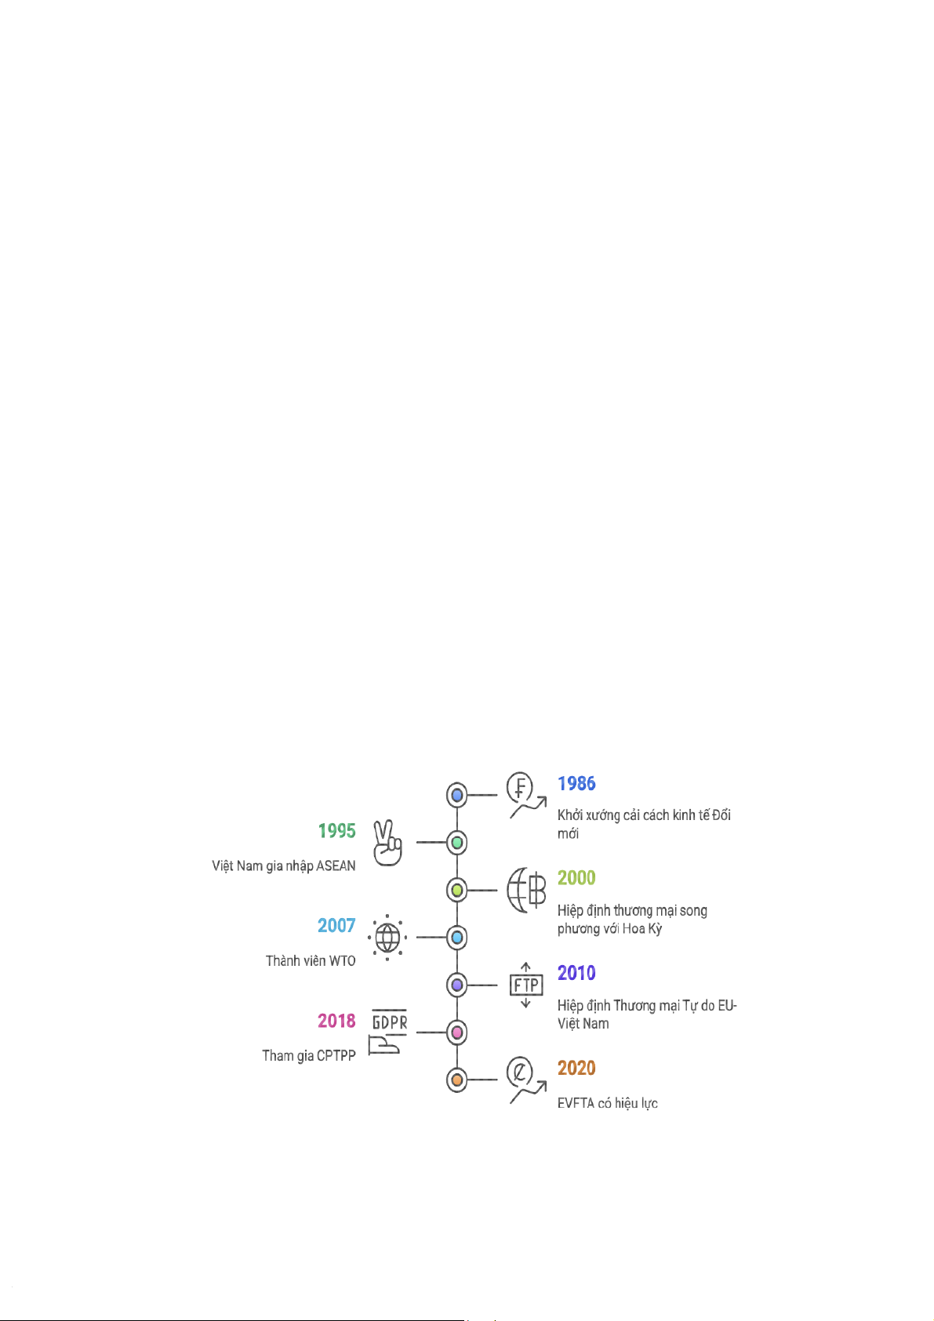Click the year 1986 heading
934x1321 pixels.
coord(576,783)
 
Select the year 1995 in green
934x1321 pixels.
coord(336,831)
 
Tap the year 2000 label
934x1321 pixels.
coord(576,878)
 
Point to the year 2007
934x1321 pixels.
coord(336,926)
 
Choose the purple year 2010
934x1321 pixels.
coord(576,973)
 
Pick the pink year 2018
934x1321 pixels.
coord(336,1021)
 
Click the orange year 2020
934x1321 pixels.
coord(576,1068)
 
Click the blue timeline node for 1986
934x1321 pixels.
coord(456,795)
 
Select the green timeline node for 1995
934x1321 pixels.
coord(456,843)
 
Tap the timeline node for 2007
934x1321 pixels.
coord(456,937)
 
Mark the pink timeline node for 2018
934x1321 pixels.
coord(456,1032)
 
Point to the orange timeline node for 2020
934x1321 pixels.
coord(456,1080)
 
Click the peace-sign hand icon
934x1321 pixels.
coord(387,843)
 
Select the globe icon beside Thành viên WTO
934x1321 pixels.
coord(387,937)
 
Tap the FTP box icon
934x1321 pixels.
coord(526,985)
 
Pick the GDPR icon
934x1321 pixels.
coord(388,1032)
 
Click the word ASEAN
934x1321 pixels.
coord(336,866)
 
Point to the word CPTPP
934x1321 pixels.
coord(336,1056)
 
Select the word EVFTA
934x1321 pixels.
coord(576,1103)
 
